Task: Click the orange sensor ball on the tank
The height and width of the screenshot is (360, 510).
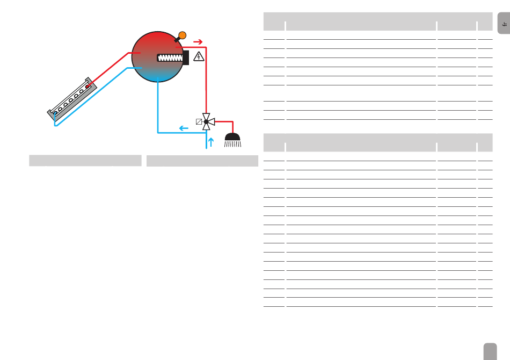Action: tap(182, 35)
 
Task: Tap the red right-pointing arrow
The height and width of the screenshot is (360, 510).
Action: tap(198, 41)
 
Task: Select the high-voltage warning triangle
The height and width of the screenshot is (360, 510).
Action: tap(199, 55)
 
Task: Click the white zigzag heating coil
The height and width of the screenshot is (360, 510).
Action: tap(170, 57)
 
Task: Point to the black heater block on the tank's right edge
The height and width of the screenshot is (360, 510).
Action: tap(186, 57)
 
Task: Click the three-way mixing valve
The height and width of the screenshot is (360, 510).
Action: tap(206, 121)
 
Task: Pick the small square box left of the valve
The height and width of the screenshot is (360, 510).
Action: tap(199, 121)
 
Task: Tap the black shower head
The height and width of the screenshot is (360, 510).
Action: tap(233, 138)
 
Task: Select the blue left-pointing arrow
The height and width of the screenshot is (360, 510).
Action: tap(184, 128)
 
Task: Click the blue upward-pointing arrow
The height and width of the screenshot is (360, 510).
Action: tap(210, 142)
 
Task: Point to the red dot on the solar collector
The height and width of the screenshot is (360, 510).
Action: tap(88, 85)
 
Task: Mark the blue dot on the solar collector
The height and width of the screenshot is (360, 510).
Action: tap(54, 113)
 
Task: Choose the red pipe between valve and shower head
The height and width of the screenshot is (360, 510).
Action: tap(225, 122)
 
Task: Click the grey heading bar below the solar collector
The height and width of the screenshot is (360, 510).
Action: tap(85, 161)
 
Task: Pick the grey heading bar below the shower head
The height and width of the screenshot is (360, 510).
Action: tap(202, 161)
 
